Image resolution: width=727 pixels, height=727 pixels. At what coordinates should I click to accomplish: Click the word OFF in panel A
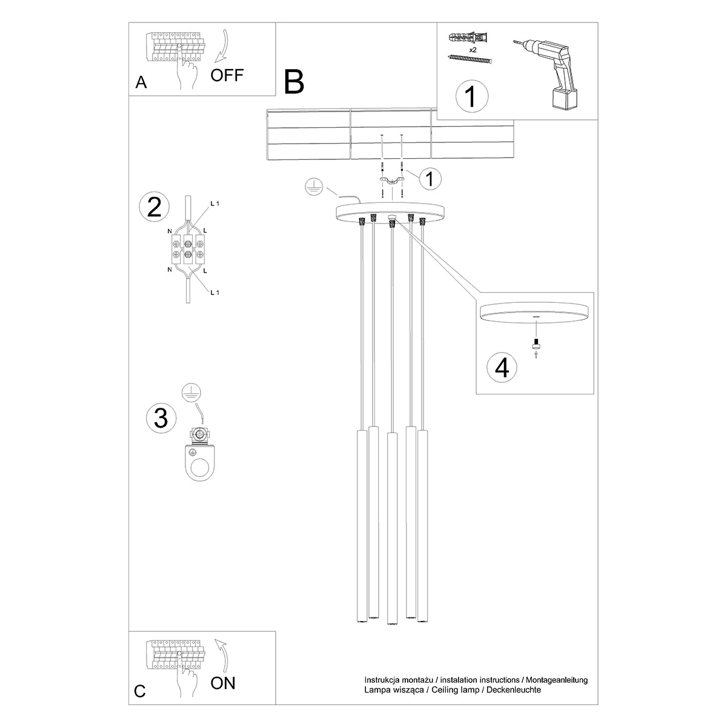(x=227, y=75)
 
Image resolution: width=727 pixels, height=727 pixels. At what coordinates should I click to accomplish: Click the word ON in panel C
(x=223, y=683)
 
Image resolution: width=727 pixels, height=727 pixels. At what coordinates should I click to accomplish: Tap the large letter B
(x=294, y=82)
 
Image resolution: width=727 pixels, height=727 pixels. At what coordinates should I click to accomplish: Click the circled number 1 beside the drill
(x=471, y=96)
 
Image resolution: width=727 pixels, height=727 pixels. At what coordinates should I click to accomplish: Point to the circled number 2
(x=154, y=207)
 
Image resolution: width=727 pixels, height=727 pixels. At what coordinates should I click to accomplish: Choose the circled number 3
(x=161, y=418)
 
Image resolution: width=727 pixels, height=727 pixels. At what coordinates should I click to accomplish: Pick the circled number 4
(x=502, y=368)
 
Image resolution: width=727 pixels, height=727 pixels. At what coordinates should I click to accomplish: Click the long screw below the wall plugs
(x=470, y=58)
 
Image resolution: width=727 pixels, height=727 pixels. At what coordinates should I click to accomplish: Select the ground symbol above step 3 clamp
(x=191, y=393)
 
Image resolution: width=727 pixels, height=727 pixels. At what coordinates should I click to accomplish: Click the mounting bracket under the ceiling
(x=393, y=181)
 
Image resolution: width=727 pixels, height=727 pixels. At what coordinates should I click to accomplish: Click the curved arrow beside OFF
(x=222, y=45)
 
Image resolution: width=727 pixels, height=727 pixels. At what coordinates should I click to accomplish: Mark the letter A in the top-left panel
(x=141, y=83)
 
